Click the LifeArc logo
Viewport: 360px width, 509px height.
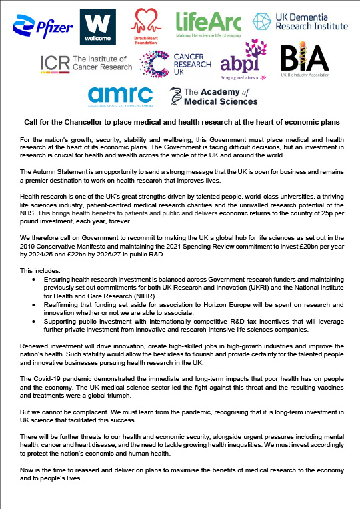207,25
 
